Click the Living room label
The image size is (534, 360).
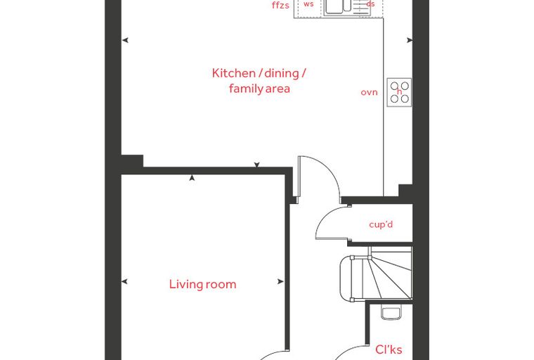(x=202, y=284)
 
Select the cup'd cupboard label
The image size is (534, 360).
(x=381, y=224)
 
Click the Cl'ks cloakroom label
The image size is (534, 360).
(x=389, y=349)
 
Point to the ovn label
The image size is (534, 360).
(x=369, y=92)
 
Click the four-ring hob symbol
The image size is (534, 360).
(x=399, y=92)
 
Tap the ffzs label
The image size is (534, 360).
(x=280, y=6)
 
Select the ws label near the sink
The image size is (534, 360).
(x=308, y=4)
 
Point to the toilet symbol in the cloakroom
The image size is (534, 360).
(x=390, y=313)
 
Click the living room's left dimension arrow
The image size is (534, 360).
(x=124, y=281)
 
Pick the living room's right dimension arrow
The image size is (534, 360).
(x=280, y=281)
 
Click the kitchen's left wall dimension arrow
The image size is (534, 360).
(x=125, y=40)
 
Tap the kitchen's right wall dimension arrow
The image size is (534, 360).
(x=410, y=40)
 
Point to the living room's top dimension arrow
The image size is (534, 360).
(x=192, y=178)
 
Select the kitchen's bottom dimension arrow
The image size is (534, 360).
(x=256, y=165)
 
